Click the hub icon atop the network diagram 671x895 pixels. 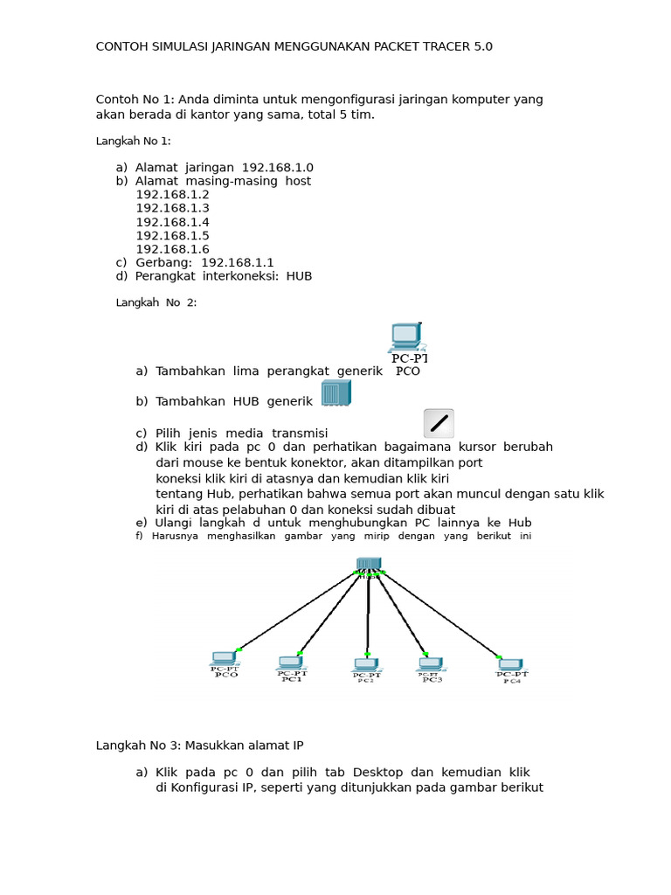click(369, 565)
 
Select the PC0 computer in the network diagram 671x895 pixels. click(225, 660)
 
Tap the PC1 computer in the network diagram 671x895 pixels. click(290, 664)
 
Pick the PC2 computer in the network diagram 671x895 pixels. click(365, 666)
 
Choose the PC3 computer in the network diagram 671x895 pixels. click(430, 666)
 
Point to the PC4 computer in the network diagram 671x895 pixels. click(510, 667)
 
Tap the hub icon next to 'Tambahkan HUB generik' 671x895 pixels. click(335, 393)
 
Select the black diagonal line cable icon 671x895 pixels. click(439, 423)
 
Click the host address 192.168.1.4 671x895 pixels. click(173, 222)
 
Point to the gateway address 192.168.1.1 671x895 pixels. click(238, 262)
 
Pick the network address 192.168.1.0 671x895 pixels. click(278, 168)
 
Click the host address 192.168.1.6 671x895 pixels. click(173, 249)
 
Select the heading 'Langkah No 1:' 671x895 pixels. click(133, 141)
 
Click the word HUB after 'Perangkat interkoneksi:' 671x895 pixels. click(299, 276)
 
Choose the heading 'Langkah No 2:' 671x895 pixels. click(156, 302)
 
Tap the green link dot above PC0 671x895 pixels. click(239, 649)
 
